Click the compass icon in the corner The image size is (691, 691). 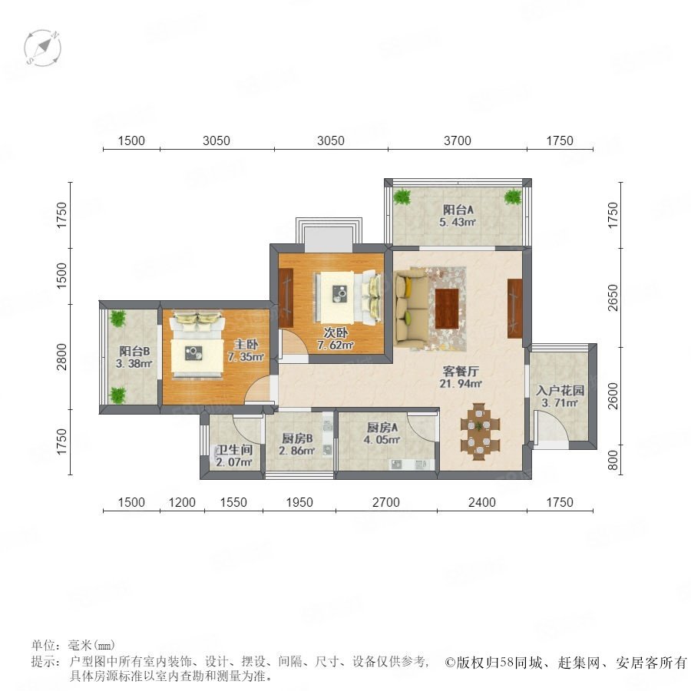(42, 48)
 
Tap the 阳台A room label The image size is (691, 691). (458, 210)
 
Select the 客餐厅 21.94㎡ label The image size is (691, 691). (461, 377)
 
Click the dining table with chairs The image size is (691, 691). (480, 431)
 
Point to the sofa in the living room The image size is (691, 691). (412, 309)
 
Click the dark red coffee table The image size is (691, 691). (447, 308)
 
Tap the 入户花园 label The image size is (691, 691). (560, 391)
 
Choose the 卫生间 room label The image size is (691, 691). (235, 450)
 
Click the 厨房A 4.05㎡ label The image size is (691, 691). (382, 433)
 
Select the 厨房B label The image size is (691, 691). (297, 438)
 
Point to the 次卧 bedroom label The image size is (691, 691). (336, 332)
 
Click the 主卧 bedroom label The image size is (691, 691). (246, 344)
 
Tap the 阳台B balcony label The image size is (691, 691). (134, 351)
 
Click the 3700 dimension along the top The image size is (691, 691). (458, 141)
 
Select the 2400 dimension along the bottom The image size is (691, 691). (481, 502)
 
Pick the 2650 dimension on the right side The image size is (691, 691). (613, 297)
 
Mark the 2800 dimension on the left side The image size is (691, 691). (61, 357)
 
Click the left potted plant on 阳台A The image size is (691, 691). (402, 197)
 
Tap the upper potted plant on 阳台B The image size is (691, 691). (117, 318)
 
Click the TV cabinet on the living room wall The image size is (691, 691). (514, 309)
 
